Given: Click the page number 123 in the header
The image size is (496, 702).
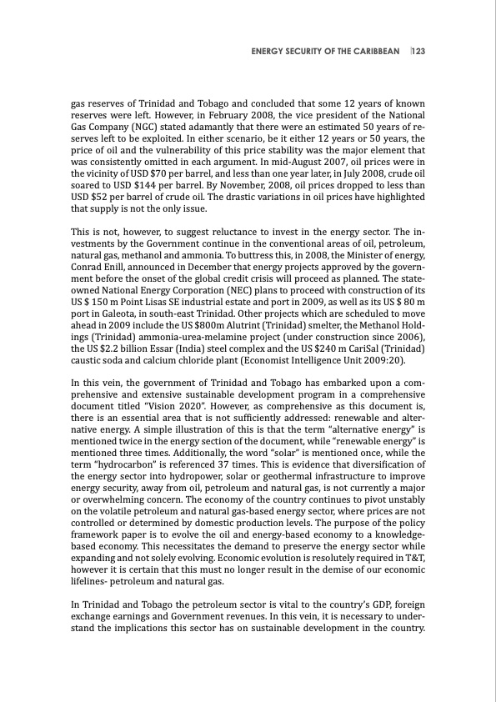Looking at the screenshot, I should [418, 52].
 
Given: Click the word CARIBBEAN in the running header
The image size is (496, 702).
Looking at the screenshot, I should [374, 52].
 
